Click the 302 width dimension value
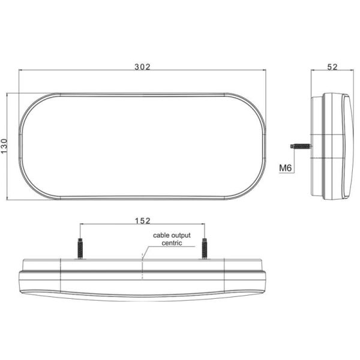[142, 66]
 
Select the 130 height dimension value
[5, 146]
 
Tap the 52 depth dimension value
[332, 67]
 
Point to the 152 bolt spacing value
[142, 221]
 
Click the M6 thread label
[286, 169]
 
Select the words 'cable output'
[171, 236]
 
